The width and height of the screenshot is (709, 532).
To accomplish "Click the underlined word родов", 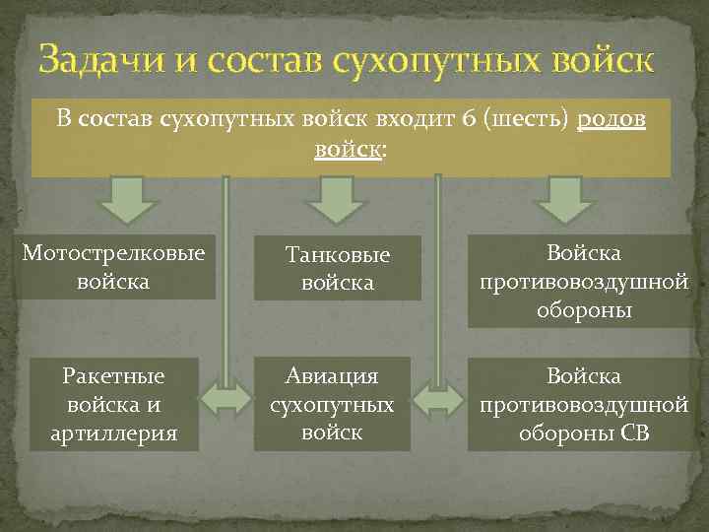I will (612, 120).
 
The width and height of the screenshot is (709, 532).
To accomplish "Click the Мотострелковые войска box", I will (114, 267).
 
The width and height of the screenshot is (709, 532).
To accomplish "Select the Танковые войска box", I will (338, 268).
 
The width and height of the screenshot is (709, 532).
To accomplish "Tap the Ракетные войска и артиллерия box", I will (112, 404).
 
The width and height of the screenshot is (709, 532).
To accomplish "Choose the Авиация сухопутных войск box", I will (332, 404).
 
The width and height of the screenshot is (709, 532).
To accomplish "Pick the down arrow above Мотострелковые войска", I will (126, 201).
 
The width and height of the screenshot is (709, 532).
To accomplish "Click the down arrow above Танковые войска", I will (334, 201).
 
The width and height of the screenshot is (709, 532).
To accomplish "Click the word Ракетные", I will (112, 376).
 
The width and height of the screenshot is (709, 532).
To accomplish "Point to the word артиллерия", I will (112, 432).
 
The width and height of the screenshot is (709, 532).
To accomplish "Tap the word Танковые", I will (338, 255).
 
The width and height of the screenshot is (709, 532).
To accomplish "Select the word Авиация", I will (332, 376).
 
